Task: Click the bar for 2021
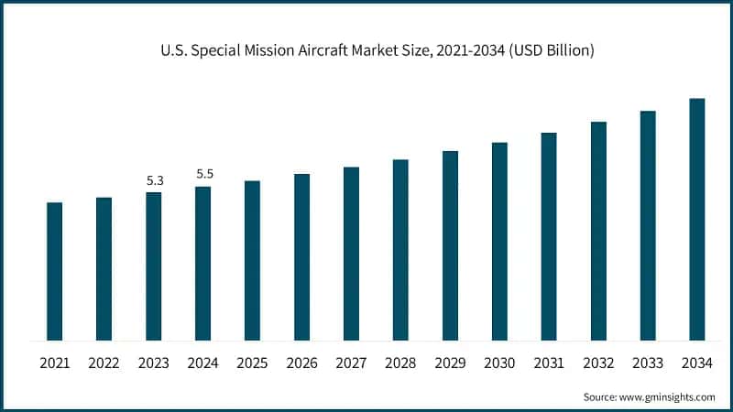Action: (55, 271)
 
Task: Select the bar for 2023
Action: (154, 266)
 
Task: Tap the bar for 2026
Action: (302, 257)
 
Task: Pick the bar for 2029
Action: (450, 245)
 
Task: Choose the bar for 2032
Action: (598, 231)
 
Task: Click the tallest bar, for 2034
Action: (697, 219)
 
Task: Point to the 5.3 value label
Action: (154, 181)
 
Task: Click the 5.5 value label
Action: (203, 175)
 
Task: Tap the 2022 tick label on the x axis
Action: (104, 363)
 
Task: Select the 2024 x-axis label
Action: (203, 363)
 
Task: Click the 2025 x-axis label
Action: (253, 363)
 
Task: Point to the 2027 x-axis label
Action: (352, 363)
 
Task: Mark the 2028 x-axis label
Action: (401, 363)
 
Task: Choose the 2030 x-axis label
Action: (499, 363)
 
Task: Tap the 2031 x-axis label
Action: (549, 363)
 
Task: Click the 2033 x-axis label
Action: (648, 363)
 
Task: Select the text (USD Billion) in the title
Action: (552, 51)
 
